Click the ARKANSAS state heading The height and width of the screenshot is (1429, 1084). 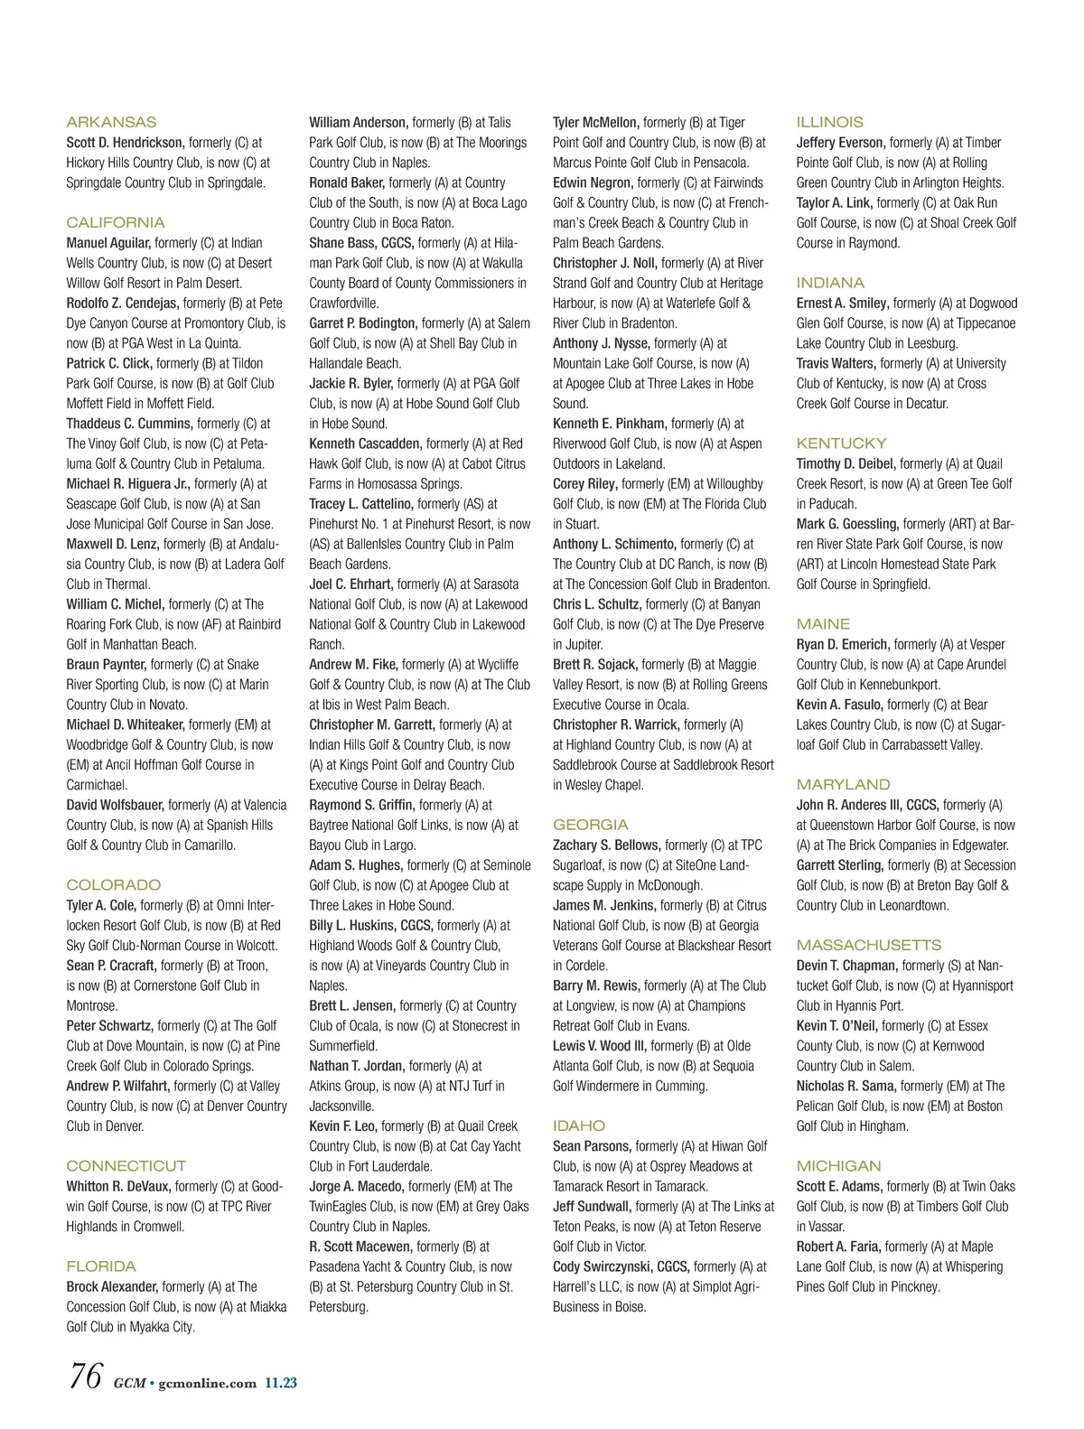[x=111, y=122]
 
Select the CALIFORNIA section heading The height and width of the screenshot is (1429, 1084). [x=116, y=222]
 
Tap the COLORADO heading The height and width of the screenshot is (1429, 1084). [x=114, y=885]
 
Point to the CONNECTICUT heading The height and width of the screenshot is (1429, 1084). [x=126, y=1166]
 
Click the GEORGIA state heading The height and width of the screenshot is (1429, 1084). [x=591, y=825]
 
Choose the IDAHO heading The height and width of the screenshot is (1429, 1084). [x=579, y=1125]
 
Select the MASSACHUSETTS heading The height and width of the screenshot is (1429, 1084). [x=869, y=945]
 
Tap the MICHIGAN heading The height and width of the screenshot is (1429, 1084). [x=838, y=1166]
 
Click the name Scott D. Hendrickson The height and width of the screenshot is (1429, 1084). [x=126, y=143]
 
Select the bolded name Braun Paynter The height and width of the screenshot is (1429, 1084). [x=106, y=665]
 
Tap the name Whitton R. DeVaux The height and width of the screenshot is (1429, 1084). [x=118, y=1186]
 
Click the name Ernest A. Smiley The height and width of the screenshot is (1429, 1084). [x=843, y=304]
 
